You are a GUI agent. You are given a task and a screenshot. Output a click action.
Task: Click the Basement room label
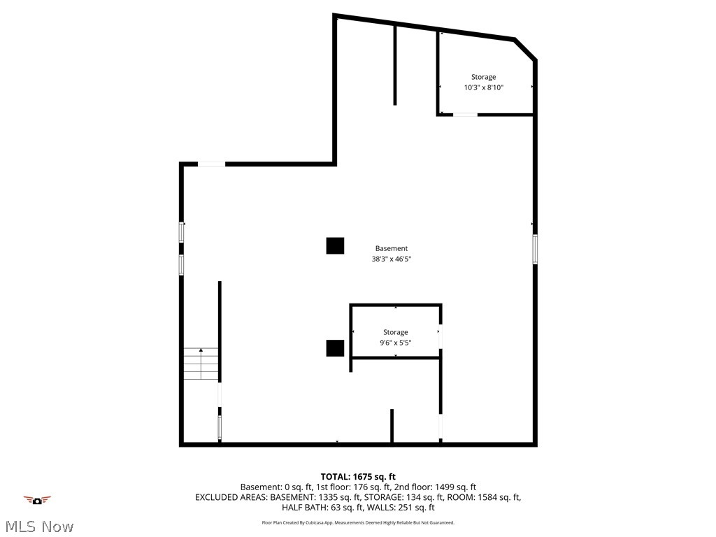coord(391,248)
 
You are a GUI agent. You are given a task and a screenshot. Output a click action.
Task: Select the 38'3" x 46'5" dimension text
coord(391,259)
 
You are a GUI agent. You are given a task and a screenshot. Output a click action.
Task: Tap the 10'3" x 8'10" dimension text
coord(483,87)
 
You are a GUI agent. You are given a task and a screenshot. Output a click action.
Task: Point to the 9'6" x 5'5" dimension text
coord(395,343)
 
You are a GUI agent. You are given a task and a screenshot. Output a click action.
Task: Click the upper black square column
coord(335,245)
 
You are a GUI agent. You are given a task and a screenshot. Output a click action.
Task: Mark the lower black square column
coord(335,348)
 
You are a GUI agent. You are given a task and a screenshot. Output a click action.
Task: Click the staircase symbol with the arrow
coord(201,364)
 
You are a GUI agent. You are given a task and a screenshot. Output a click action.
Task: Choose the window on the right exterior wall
coord(535,249)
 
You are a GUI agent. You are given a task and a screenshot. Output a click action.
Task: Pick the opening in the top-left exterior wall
coord(211,164)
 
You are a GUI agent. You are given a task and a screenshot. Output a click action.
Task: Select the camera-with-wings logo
coord(37,499)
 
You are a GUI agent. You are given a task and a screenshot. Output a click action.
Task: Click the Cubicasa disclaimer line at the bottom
coord(358,522)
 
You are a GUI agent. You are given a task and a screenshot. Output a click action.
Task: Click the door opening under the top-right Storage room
coord(465,114)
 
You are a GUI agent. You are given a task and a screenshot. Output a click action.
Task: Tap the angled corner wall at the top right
coord(525,50)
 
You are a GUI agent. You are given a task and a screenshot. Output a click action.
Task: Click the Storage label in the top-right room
coord(483,77)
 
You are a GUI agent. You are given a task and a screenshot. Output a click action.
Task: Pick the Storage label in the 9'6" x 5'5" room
coord(395,332)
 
